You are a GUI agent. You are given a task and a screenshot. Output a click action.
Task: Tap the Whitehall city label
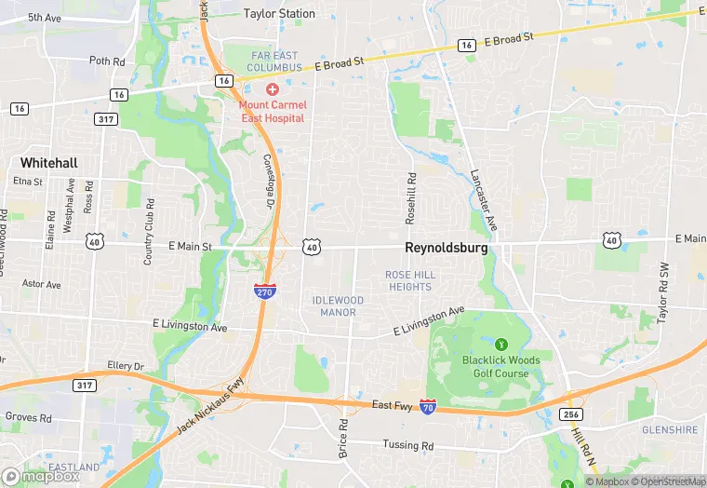pos(48,162)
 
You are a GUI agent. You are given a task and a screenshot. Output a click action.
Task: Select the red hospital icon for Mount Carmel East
pos(272,89)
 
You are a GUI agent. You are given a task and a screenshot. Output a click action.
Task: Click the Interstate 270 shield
pos(263,291)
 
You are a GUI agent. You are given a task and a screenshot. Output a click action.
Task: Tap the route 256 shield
pos(570,413)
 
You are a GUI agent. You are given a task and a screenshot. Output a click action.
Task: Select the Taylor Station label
pos(279,14)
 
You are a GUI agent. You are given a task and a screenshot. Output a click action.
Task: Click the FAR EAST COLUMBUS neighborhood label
pos(275,61)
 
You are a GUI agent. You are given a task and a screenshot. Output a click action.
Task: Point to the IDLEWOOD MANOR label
pos(337,306)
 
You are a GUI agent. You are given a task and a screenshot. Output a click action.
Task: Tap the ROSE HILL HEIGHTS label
pos(409,280)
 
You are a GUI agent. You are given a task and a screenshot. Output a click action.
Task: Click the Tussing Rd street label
pos(408,446)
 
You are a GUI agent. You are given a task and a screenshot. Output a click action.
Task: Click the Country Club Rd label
pos(148,234)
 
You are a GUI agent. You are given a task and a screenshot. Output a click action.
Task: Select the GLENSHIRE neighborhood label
pos(669,429)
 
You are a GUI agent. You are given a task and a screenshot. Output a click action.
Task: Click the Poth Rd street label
pos(106,61)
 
